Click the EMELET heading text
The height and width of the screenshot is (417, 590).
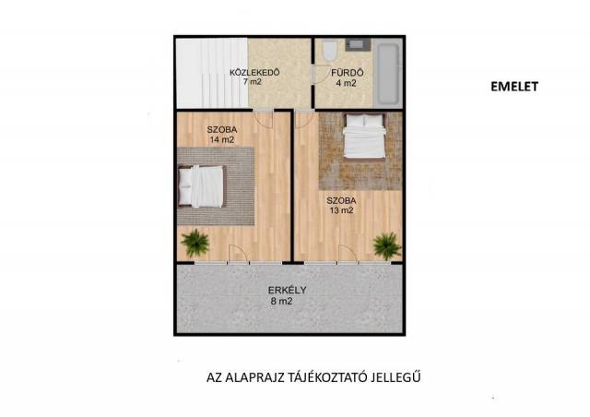tap(514, 87)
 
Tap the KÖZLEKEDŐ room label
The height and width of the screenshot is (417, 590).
tap(254, 72)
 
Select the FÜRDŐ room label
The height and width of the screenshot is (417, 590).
tap(347, 73)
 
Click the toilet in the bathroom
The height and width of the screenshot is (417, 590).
tap(330, 51)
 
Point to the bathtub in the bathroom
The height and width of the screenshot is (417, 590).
tap(387, 74)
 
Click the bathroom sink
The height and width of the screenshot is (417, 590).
tap(357, 44)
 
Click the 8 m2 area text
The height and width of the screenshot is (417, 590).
tap(281, 302)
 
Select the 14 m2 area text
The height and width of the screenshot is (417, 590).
tap(222, 139)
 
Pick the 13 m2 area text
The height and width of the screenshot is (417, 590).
tap(341, 210)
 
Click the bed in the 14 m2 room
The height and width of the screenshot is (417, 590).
tap(201, 186)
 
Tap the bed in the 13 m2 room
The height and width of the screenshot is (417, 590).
tap(364, 136)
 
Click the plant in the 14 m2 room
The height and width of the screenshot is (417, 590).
tap(195, 243)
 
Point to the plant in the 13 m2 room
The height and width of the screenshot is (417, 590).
tap(387, 246)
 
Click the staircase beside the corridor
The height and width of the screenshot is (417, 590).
tap(212, 73)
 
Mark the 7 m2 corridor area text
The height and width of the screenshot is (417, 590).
tap(252, 82)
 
